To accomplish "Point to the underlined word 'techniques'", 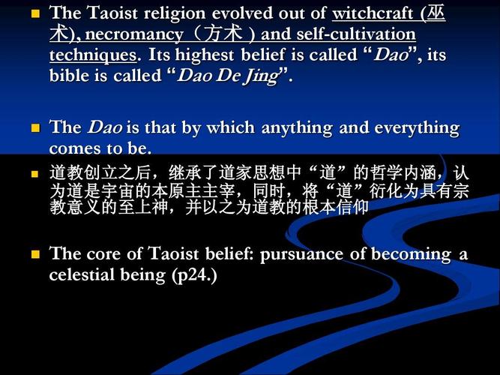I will (x=93, y=55).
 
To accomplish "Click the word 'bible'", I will (x=70, y=76).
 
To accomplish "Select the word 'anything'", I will (x=298, y=127).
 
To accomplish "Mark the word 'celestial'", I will (x=79, y=275).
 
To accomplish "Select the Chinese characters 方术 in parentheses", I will (x=225, y=34).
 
